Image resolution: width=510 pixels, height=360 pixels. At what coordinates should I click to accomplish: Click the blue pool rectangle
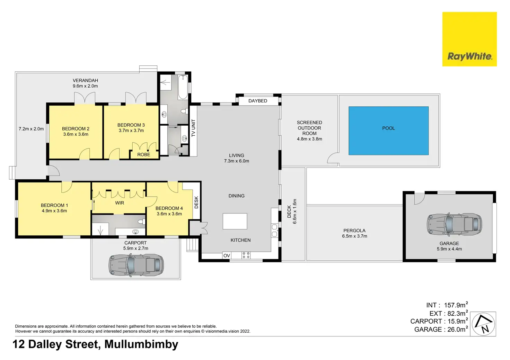388,130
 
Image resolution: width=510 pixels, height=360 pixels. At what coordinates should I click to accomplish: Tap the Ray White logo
469,39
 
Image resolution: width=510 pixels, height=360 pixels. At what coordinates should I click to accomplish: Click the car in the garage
454,224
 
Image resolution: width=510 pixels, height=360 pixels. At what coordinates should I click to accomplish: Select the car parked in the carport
136,265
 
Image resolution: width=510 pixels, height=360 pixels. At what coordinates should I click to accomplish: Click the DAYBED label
258,101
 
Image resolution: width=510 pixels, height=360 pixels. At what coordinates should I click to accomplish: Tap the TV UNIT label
193,128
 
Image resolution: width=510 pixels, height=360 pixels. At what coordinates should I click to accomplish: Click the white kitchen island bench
235,221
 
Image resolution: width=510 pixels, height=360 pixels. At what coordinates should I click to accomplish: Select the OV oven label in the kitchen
227,256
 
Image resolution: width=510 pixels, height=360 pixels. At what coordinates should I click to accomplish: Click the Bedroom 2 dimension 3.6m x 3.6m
76,134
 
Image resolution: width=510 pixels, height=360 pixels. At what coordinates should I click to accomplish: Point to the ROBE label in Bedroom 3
144,155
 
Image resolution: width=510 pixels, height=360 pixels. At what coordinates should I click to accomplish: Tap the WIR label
120,203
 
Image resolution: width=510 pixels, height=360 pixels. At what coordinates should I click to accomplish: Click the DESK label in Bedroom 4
196,202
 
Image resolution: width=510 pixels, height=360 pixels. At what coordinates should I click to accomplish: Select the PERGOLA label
354,231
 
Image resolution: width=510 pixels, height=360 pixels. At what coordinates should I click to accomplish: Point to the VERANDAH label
85,80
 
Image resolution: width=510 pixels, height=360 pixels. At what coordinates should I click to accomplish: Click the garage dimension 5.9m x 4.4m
449,249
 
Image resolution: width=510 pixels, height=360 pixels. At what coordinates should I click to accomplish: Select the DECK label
289,211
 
